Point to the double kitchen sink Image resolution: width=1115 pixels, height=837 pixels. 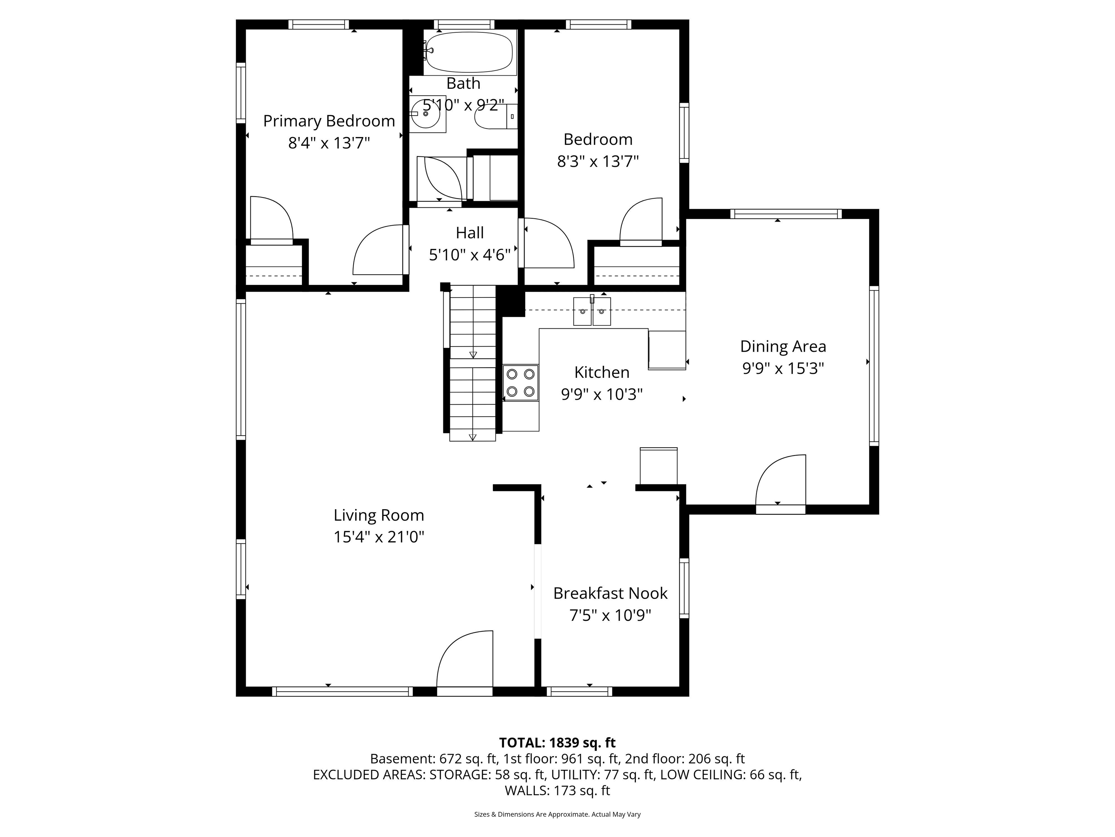pos(592,311)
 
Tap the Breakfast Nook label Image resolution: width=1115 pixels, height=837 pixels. pos(610,593)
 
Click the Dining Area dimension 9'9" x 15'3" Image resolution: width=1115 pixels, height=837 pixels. pos(783,368)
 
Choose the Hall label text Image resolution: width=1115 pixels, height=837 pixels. pos(469,232)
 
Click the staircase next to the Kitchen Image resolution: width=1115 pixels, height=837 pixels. pos(472,363)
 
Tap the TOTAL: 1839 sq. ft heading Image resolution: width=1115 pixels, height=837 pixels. pos(557,743)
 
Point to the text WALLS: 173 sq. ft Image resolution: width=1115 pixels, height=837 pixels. pos(557,790)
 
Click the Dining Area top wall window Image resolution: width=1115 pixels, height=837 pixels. pos(785,214)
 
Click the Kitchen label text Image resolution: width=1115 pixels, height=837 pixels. pos(601,372)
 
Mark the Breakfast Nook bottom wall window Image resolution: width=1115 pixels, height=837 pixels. pos(579,692)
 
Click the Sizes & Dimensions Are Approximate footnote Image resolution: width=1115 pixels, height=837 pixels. pos(557,814)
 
